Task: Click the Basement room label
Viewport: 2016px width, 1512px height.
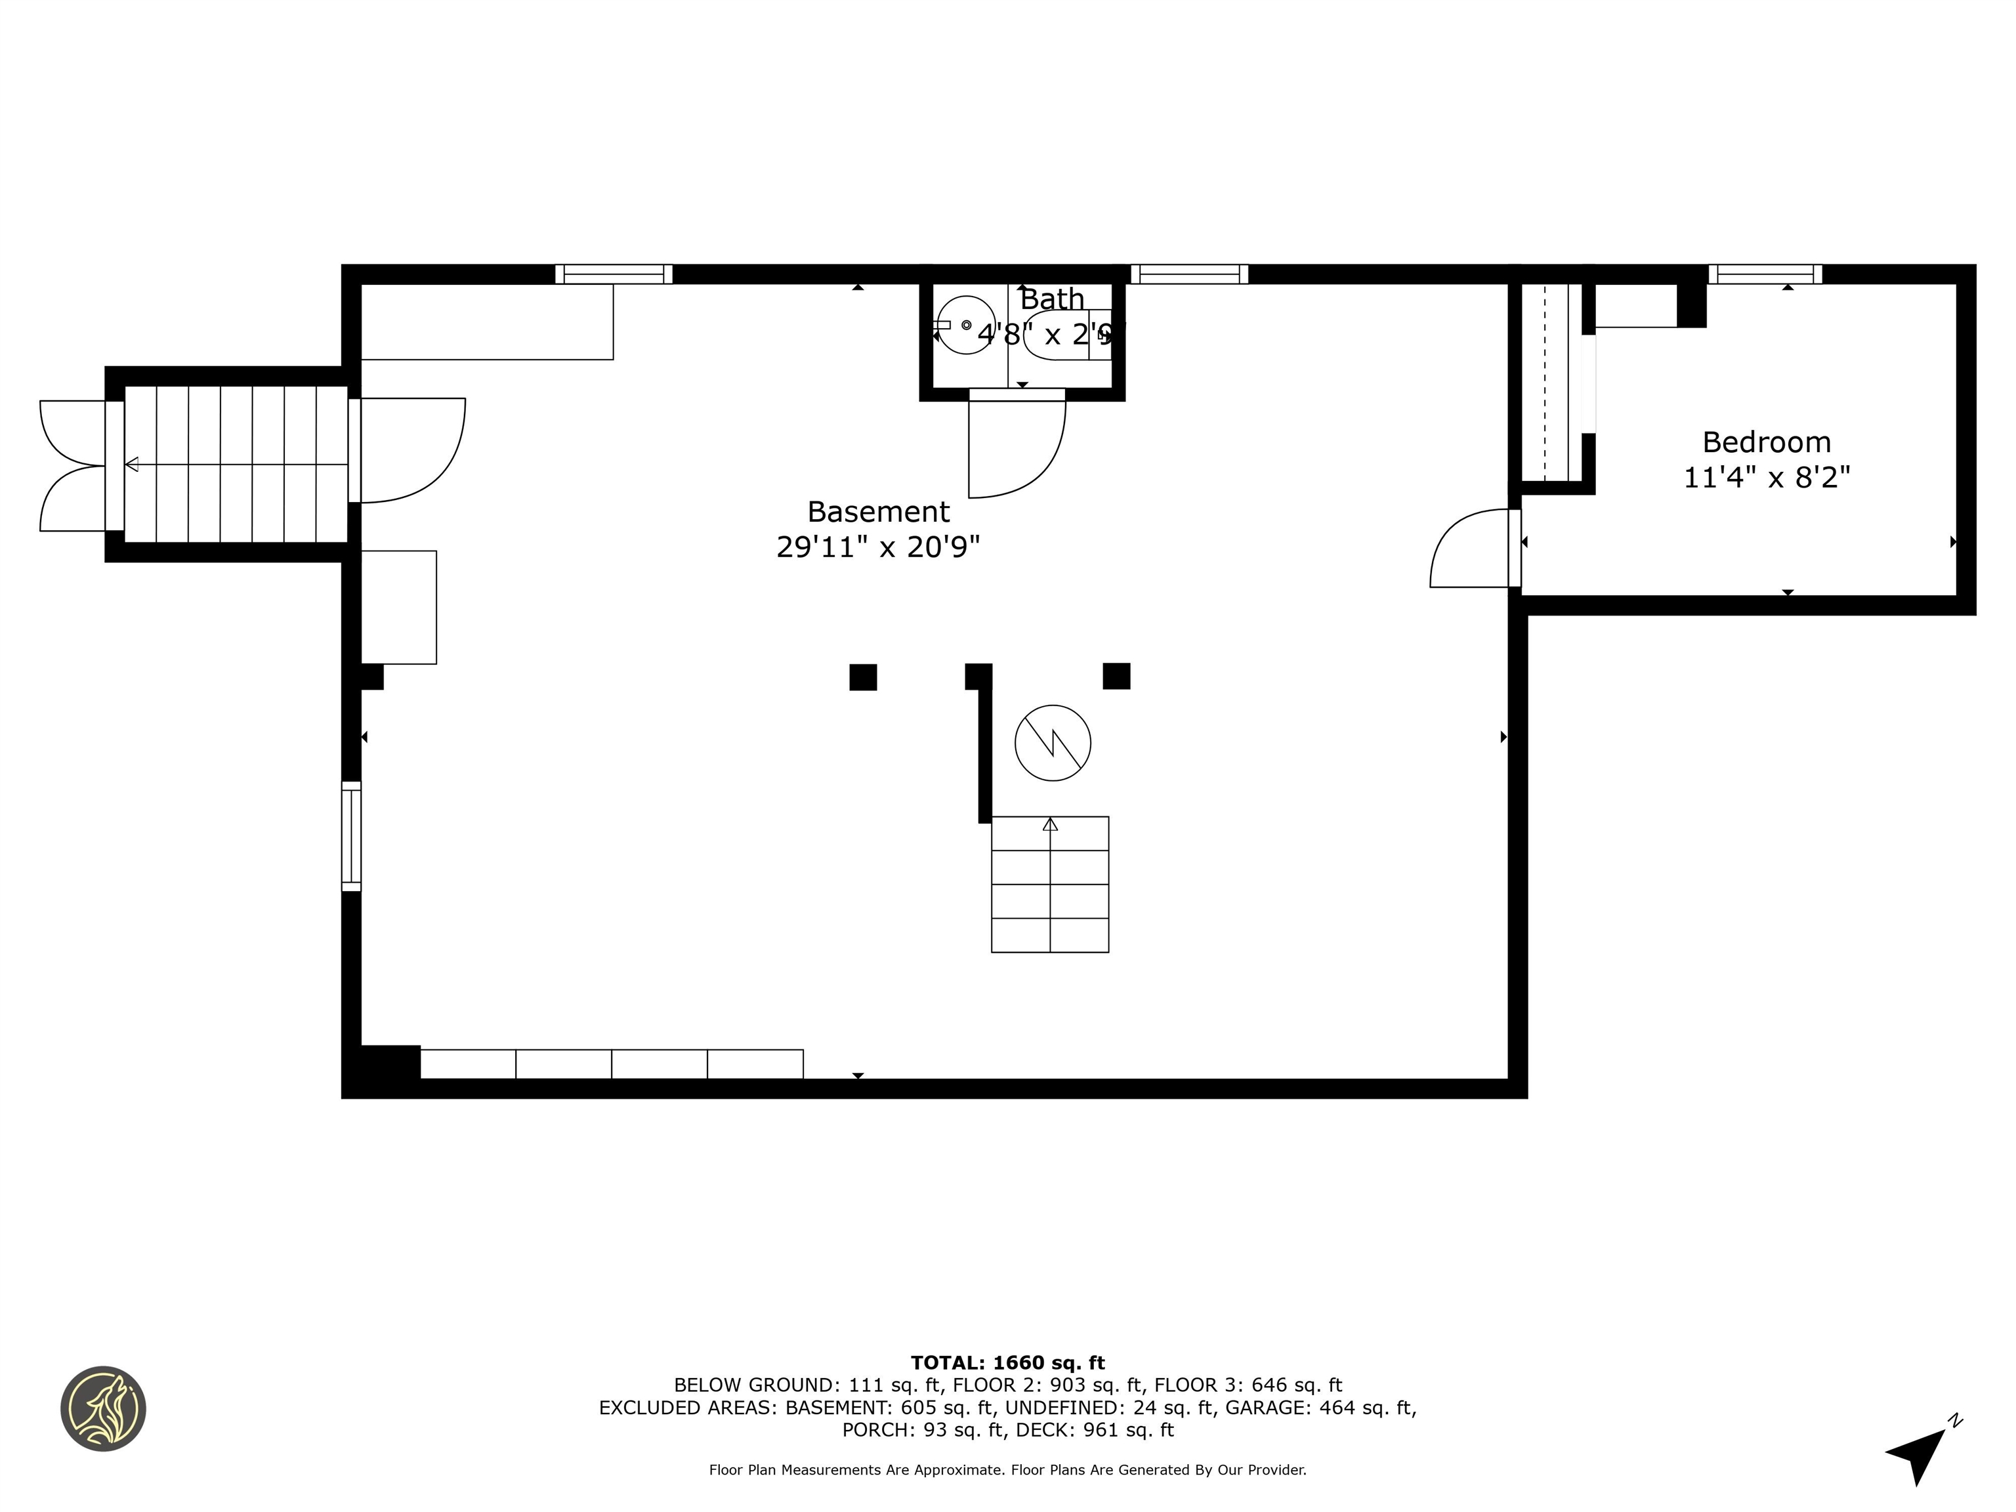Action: tap(877, 511)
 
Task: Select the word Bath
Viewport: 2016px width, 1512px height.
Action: tap(1052, 299)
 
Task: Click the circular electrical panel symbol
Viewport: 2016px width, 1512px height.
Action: tap(1053, 743)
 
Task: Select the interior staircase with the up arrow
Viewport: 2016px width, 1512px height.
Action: tap(1050, 884)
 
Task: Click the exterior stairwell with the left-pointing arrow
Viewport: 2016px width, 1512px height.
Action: tap(235, 464)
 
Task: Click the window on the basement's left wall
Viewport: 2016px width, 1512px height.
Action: tap(351, 836)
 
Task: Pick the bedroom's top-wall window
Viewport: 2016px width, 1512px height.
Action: tap(1765, 274)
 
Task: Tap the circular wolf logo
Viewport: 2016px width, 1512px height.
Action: tap(103, 1408)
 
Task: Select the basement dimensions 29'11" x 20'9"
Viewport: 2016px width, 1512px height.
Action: tap(877, 547)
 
